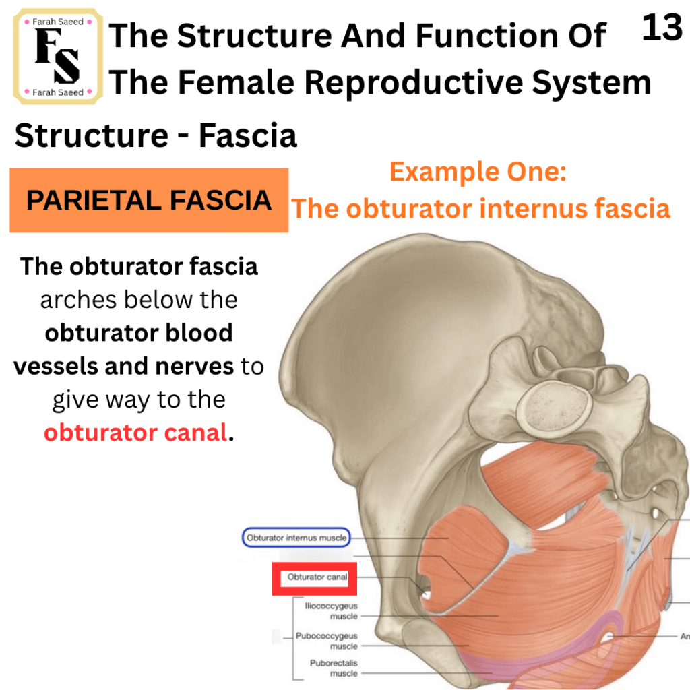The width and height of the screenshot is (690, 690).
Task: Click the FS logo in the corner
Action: pos(58,57)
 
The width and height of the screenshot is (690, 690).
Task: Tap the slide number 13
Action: pos(662,28)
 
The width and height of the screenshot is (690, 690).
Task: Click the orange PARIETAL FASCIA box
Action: pos(149,200)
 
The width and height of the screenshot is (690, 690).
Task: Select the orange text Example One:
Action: pos(478,172)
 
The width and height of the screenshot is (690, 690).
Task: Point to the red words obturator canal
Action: pos(135,433)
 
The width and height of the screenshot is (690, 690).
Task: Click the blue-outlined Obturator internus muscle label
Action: pos(296,538)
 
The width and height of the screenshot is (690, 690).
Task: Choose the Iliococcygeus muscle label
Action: pos(331,610)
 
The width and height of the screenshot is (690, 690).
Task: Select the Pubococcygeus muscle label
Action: pos(327,641)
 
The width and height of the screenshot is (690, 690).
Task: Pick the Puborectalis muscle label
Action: pos(334,668)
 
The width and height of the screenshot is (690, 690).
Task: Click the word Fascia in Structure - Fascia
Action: pos(248,135)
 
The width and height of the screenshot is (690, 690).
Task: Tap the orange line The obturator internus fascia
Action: pos(480,209)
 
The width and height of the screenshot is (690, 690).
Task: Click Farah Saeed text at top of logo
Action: pos(58,22)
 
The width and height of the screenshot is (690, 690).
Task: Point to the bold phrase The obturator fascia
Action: pos(139,267)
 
